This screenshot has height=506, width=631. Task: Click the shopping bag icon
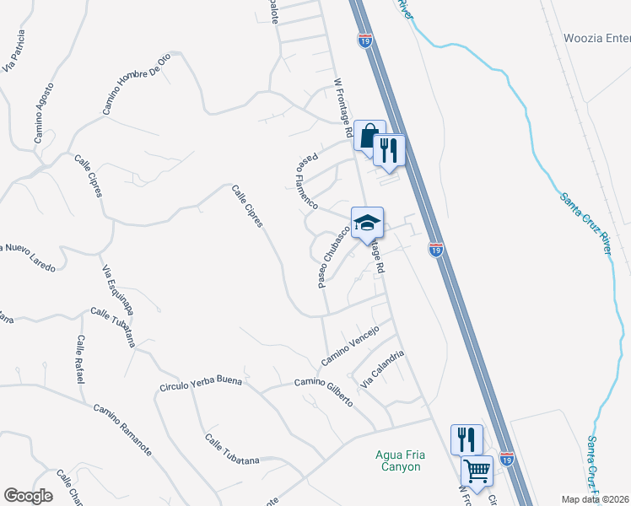[369, 135]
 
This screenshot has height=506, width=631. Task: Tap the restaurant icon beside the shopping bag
[389, 149]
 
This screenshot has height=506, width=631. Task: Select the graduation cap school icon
[367, 222]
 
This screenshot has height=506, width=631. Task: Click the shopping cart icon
[477, 471]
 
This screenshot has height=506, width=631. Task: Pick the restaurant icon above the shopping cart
[467, 439]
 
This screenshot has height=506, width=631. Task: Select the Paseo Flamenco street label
[306, 180]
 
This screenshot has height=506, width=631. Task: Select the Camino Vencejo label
[350, 346]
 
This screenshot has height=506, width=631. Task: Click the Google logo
[28, 496]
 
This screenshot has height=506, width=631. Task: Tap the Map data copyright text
[596, 499]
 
